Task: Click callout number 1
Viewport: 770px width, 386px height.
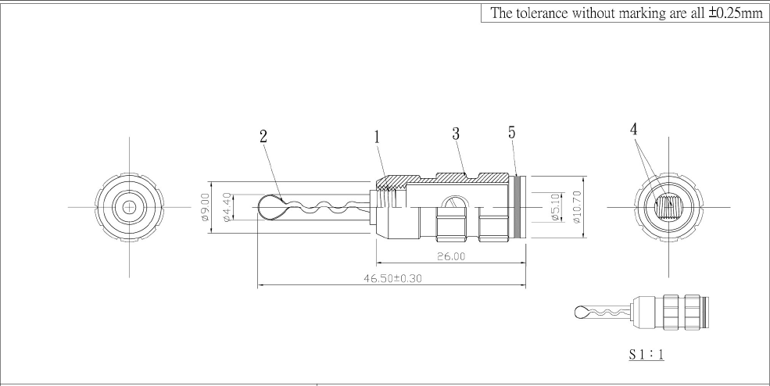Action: click(x=377, y=137)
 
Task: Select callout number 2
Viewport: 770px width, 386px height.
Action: click(x=263, y=137)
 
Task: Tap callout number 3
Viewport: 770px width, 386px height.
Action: click(x=455, y=134)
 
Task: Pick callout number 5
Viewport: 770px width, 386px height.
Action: click(x=512, y=133)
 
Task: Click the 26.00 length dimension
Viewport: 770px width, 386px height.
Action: click(x=450, y=256)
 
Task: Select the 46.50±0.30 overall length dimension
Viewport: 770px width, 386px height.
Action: click(x=390, y=279)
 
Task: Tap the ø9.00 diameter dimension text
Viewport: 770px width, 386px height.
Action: click(x=206, y=207)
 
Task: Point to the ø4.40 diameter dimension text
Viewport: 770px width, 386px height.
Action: click(x=227, y=207)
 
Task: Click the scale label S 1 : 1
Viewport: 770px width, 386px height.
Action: click(x=646, y=354)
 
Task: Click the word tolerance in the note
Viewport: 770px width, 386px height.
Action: click(x=547, y=13)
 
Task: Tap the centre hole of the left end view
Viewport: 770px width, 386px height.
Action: click(x=128, y=207)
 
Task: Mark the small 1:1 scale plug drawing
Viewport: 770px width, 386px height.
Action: click(x=641, y=313)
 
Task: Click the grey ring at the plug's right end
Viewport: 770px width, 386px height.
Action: click(x=521, y=207)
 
